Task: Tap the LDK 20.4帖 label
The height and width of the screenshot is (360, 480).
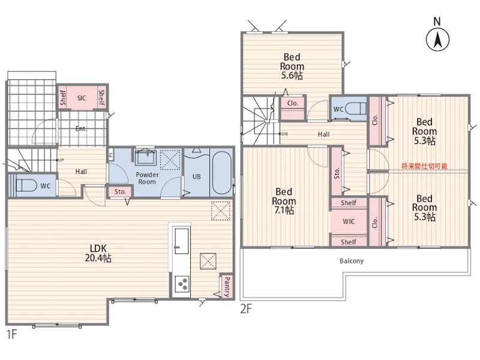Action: [98, 253]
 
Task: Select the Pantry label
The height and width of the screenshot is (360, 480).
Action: [227, 287]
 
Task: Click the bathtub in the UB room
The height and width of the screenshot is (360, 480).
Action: [221, 173]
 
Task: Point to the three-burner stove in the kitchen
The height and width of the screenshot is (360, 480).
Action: [181, 283]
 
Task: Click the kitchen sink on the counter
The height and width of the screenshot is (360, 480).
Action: [182, 241]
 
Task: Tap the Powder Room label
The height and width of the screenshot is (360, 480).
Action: [147, 178]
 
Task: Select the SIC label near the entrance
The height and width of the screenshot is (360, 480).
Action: [82, 98]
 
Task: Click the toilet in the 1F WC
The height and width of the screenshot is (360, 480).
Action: [25, 185]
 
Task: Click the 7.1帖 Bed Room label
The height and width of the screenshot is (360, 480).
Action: [284, 201]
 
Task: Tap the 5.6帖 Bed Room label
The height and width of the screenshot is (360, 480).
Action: [292, 66]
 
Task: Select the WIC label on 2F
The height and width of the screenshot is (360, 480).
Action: [349, 221]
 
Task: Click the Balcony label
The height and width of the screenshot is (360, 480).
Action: [352, 261]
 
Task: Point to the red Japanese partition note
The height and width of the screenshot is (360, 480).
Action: [424, 166]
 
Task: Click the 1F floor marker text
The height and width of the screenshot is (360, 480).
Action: [11, 334]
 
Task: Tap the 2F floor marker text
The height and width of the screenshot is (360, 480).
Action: [246, 309]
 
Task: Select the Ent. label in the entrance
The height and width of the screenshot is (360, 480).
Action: [81, 129]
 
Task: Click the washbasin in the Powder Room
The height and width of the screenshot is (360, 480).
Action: [146, 157]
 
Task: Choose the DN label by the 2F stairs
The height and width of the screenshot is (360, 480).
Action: [284, 134]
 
